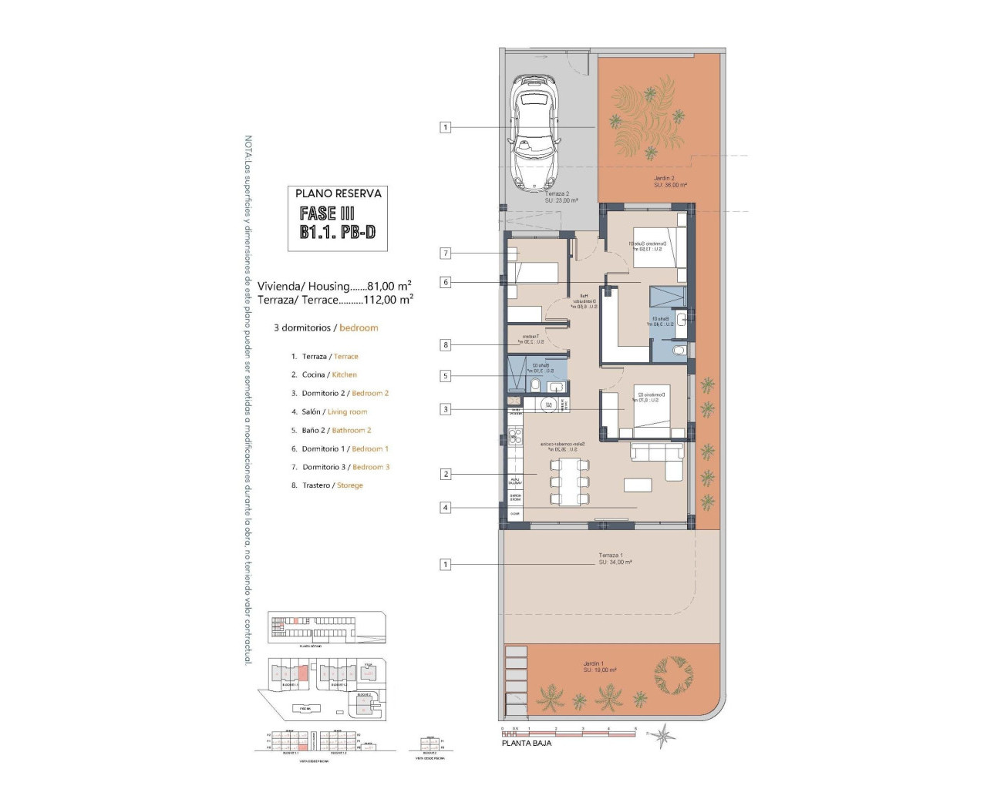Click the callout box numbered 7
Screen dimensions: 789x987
coord(445,253)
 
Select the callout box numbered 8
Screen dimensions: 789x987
coord(445,345)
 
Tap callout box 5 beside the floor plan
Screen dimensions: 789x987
coord(445,376)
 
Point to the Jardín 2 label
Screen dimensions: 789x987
coord(669,181)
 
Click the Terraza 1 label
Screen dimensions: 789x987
coord(614,559)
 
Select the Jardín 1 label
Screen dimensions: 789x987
coord(599,666)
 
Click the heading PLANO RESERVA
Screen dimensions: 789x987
coord(338,193)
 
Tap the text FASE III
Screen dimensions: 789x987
coord(327,213)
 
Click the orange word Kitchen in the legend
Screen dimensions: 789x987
coord(344,374)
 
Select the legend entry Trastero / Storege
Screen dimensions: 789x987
coord(327,485)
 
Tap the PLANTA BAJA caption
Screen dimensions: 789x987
coord(526,744)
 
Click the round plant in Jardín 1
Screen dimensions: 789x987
coord(673,676)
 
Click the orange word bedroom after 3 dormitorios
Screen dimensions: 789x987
coord(359,327)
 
